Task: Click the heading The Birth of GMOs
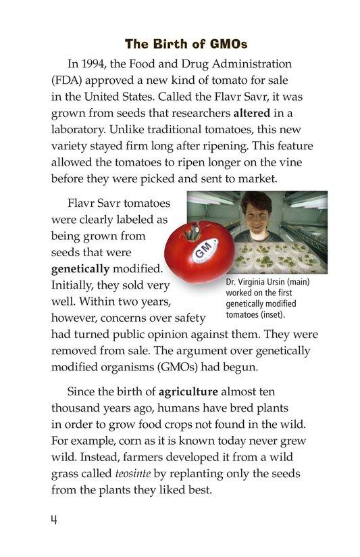186,45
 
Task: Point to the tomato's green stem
194,233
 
